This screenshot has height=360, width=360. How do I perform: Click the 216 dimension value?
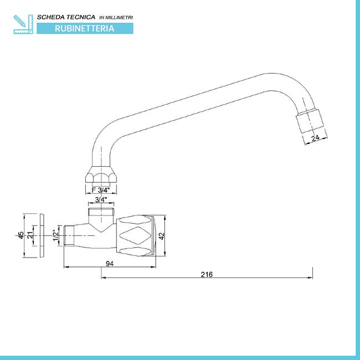(x=207, y=274)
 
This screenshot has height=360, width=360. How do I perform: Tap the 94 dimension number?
(x=110, y=264)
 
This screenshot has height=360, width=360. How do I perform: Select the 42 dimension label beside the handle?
(x=162, y=236)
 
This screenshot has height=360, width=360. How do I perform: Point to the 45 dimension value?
(x=21, y=235)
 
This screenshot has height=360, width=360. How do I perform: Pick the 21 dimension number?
(x=30, y=235)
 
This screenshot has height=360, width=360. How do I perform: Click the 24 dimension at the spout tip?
(x=315, y=138)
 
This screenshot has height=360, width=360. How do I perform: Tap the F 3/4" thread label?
(x=101, y=190)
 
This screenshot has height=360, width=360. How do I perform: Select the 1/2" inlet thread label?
(x=56, y=235)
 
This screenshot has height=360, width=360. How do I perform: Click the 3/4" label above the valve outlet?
(x=101, y=200)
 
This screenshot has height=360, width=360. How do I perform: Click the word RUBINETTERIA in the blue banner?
(x=85, y=28)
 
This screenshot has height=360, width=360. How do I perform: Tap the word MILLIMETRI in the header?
(x=119, y=18)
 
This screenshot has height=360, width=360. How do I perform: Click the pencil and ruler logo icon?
(x=23, y=24)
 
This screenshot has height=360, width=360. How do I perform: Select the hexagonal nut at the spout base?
(x=101, y=175)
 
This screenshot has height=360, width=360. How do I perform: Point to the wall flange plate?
(x=42, y=235)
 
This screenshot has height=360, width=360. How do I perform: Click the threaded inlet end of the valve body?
(x=69, y=235)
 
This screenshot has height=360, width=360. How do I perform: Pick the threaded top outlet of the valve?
(x=101, y=212)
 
